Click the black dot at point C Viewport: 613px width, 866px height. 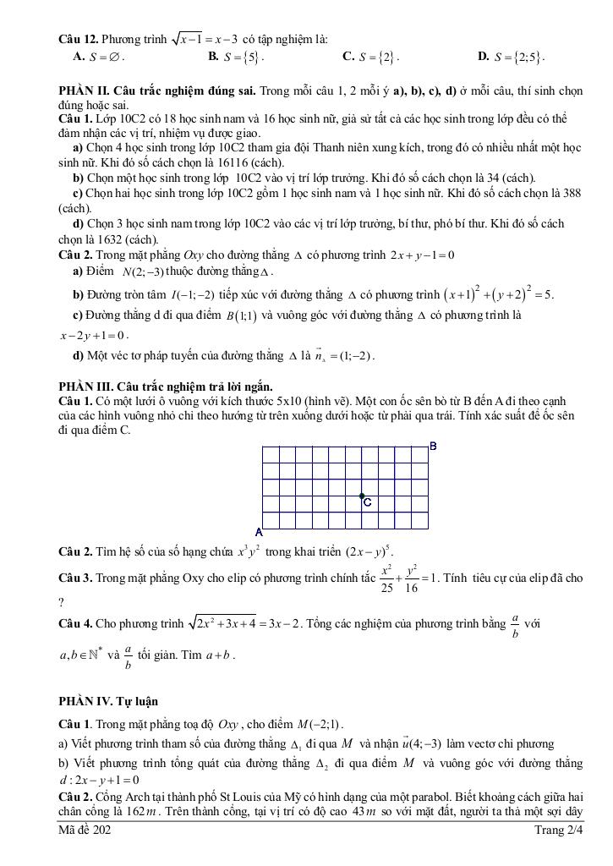(362, 496)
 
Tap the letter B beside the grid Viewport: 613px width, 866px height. (433, 446)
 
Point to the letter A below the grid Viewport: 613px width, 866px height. (259, 533)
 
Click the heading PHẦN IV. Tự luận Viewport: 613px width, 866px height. (108, 701)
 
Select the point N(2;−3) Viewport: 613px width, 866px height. (142, 271)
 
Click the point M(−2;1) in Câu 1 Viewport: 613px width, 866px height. (320, 724)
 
